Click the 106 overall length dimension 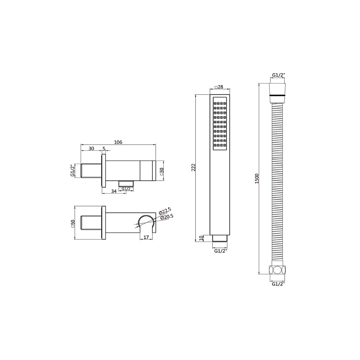[118, 142]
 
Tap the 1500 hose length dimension [257, 178]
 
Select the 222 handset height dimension [193, 167]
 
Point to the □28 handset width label [219, 87]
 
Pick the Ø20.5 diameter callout [166, 217]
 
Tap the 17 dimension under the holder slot [146, 237]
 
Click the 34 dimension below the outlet [114, 191]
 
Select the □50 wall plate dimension [73, 223]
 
